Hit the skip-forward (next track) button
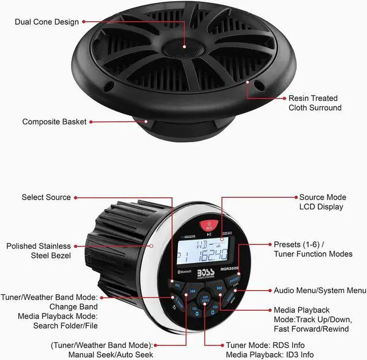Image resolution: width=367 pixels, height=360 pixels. click(x=218, y=288)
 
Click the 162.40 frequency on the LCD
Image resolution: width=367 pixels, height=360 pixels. click(x=213, y=253)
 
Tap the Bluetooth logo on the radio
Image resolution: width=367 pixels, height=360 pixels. click(x=181, y=271)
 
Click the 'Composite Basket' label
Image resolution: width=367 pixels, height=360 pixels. click(x=54, y=122)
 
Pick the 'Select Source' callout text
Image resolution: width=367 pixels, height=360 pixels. click(x=46, y=197)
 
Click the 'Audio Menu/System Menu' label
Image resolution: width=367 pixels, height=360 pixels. click(x=320, y=291)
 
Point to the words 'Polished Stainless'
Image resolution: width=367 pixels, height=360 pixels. click(x=38, y=246)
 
